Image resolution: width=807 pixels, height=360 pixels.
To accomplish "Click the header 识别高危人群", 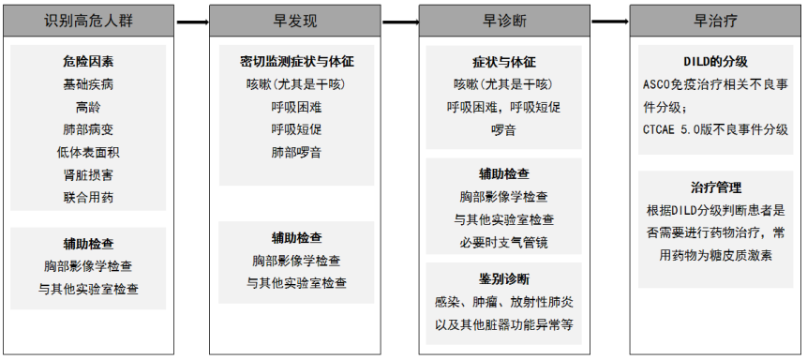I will (x=89, y=20).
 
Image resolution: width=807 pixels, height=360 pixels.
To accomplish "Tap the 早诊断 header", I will (x=508, y=20).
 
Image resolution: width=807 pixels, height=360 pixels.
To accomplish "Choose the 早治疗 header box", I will (x=717, y=20).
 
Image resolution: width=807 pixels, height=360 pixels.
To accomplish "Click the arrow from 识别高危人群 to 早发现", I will (x=191, y=20).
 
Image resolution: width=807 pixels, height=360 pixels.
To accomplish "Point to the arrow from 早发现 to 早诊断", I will (x=401, y=20).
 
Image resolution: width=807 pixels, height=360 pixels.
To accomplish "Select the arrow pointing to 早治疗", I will (x=612, y=20).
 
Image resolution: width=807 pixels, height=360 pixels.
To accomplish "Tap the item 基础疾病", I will (x=88, y=84).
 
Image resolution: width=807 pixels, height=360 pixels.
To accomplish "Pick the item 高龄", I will (x=88, y=107).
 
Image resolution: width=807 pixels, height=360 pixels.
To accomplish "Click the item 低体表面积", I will (x=88, y=152).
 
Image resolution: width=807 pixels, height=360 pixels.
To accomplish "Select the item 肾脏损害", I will (x=88, y=174).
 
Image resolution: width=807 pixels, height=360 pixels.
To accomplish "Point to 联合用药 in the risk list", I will (x=88, y=197).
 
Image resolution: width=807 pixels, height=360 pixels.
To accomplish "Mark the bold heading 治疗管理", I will (x=716, y=187).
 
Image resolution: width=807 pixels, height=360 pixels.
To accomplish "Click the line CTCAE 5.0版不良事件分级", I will (x=716, y=129).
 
